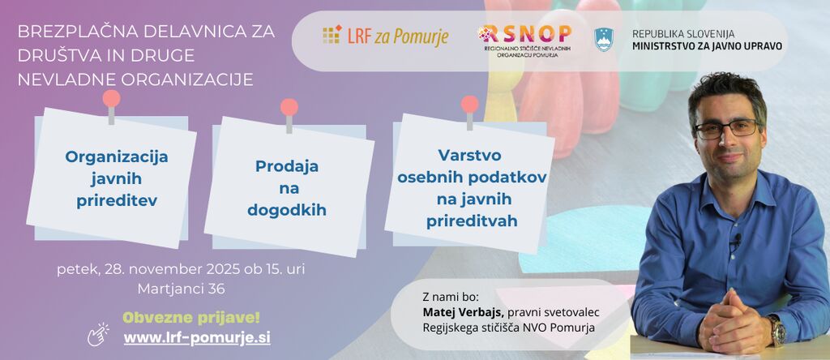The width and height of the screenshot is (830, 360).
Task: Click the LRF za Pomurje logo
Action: (x=385, y=35)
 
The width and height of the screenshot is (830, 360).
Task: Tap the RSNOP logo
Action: (x=524, y=41)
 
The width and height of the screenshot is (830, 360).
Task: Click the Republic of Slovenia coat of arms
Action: (x=603, y=40)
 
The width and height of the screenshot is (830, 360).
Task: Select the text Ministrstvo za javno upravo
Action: (x=707, y=46)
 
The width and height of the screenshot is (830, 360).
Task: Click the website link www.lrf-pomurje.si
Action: (x=197, y=338)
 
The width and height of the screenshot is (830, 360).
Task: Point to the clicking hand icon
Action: (x=98, y=334)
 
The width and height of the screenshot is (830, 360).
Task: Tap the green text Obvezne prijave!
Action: (x=191, y=318)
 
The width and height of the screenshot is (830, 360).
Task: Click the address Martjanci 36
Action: (x=181, y=289)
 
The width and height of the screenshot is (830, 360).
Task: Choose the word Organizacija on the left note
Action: (x=117, y=157)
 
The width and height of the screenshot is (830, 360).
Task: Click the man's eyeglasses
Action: (x=727, y=129)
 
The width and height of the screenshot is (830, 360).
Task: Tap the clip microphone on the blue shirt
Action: (x=736, y=242)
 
